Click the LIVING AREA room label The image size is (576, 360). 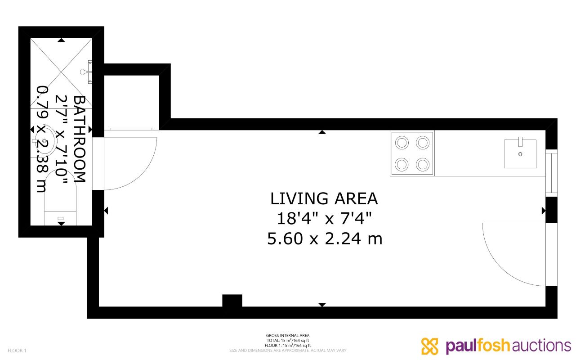(324, 198)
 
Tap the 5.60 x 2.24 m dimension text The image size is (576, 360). (325, 238)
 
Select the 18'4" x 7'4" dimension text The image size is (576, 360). (324, 219)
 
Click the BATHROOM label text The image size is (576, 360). (80, 139)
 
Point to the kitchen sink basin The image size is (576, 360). (520, 154)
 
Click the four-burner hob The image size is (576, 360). (412, 153)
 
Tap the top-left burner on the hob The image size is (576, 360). (402, 143)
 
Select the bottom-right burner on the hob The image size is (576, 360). (422, 164)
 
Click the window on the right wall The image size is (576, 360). (551, 172)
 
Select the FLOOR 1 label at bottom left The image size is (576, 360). (17, 351)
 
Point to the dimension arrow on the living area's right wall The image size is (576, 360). (543, 210)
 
